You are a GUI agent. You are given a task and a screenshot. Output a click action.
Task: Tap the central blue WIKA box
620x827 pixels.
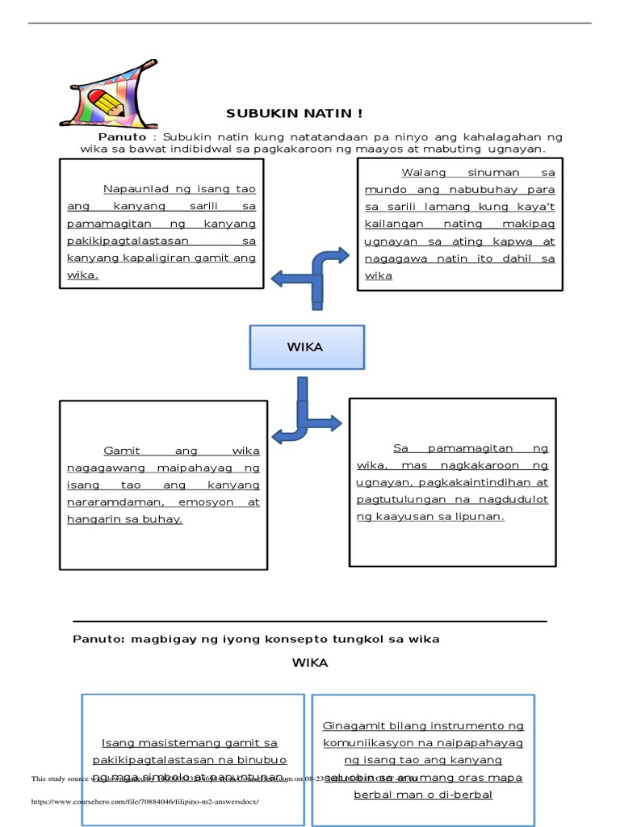pyautogui.click(x=306, y=347)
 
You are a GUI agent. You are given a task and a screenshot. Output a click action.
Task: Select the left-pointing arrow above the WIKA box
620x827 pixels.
pyautogui.click(x=287, y=279)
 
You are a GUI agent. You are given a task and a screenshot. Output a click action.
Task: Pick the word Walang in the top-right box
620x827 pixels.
pyautogui.click(x=423, y=172)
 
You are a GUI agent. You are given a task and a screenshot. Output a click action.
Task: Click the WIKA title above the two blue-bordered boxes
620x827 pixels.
pyautogui.click(x=310, y=663)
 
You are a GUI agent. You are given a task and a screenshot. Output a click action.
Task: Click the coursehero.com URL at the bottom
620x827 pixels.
pyautogui.click(x=145, y=802)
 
